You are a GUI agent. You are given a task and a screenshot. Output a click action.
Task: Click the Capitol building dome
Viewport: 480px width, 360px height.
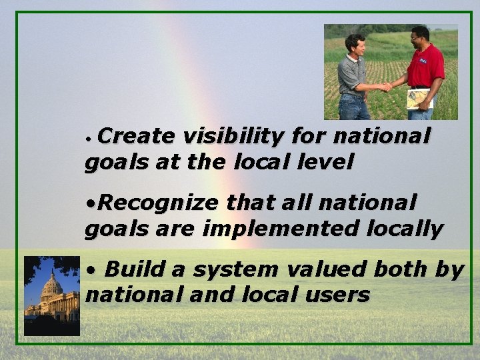point(52,285)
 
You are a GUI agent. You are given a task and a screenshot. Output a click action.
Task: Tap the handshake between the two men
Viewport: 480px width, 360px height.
point(386,87)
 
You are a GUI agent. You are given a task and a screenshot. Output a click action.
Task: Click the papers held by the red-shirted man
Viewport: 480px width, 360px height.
point(418,99)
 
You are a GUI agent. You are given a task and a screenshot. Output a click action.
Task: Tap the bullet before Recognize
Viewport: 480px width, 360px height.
point(90,203)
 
